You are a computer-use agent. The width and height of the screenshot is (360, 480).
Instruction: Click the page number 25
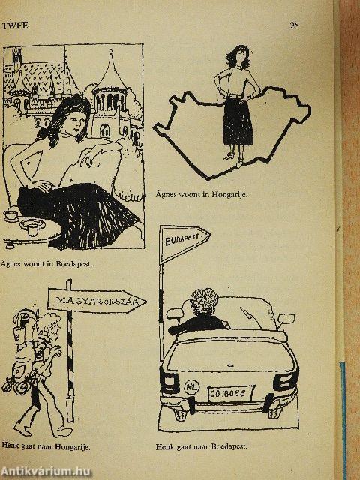coord(294,25)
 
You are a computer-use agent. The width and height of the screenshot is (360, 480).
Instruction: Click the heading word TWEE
coord(15,25)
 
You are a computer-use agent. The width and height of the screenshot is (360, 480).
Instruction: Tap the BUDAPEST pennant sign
coord(184,243)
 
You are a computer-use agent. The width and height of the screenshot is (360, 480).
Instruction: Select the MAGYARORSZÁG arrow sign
coord(97,301)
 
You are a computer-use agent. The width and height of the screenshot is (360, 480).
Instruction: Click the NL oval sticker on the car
coord(192,388)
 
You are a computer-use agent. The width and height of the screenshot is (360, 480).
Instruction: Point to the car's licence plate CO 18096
coord(231,394)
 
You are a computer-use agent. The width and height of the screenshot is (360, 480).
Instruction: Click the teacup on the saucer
coord(11,215)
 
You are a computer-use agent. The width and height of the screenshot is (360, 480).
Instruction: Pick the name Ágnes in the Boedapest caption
coord(10,263)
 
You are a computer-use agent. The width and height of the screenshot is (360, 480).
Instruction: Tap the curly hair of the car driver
coord(204,300)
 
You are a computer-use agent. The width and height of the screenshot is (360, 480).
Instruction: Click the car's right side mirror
coord(286,319)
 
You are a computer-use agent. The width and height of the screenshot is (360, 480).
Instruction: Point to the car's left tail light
coord(169,379)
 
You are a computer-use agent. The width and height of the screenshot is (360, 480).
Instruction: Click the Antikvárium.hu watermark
coord(46,472)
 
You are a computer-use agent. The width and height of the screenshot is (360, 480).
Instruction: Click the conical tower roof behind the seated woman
coord(110,73)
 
